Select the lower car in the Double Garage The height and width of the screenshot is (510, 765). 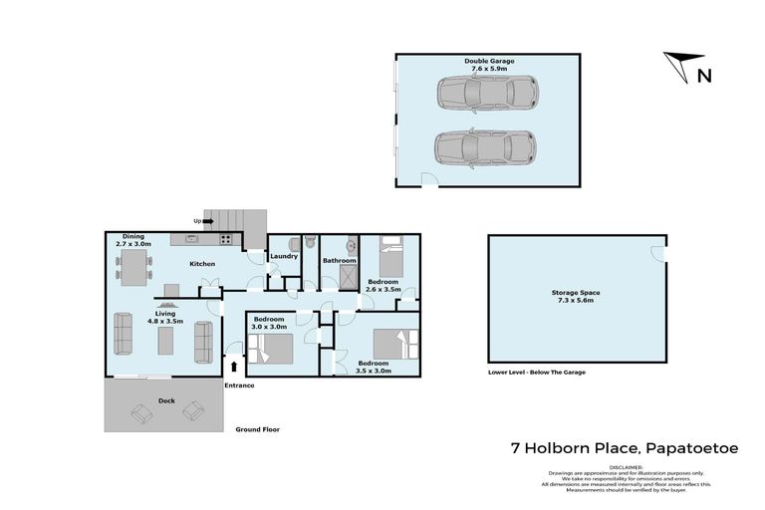coord(485,148)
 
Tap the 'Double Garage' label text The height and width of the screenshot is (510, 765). coord(489,61)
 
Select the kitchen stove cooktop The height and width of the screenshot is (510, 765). coord(225,239)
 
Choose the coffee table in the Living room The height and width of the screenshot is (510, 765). coord(164,339)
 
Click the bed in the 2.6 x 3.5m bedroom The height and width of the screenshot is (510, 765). coord(390,262)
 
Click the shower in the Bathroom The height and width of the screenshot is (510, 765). coord(349,278)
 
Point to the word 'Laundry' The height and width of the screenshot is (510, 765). coord(284,256)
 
